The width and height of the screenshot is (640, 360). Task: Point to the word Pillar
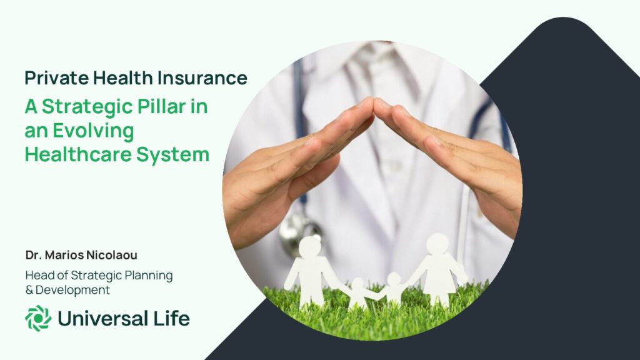(x=162, y=106)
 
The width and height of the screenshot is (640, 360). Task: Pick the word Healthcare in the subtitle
(x=77, y=155)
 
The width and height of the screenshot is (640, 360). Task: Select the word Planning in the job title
(x=148, y=276)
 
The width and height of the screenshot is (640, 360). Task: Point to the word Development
(x=72, y=290)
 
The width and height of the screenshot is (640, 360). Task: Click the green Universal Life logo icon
(x=38, y=318)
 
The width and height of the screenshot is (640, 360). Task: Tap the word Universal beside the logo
(x=103, y=318)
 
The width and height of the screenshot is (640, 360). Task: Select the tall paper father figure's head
(x=310, y=247)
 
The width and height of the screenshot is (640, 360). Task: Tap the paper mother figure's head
(x=437, y=244)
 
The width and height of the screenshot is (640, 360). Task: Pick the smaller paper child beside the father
(x=357, y=294)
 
